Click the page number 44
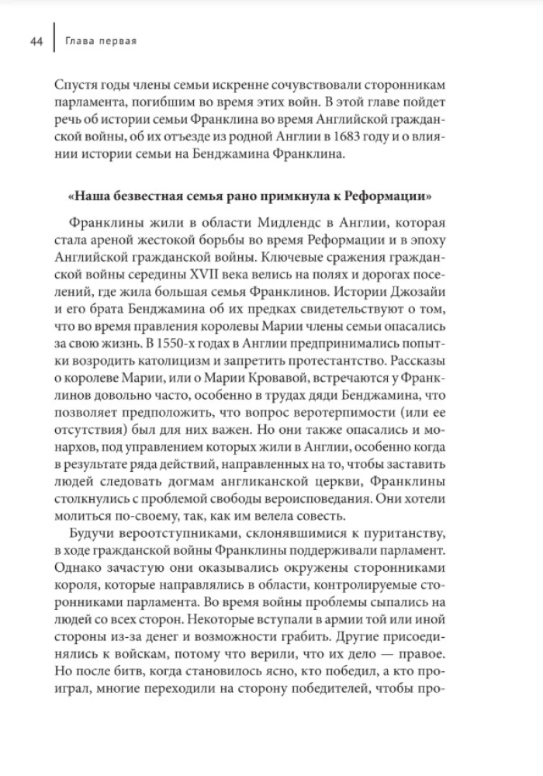coord(36,41)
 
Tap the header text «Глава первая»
coord(101,41)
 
